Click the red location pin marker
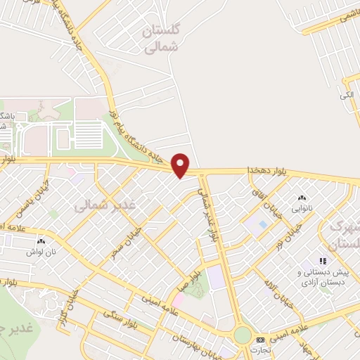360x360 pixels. tap(181, 165)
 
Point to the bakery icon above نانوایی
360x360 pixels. tap(302, 199)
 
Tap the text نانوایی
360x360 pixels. tap(302, 209)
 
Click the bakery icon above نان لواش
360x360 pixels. tap(36, 240)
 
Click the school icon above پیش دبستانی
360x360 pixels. tap(323, 262)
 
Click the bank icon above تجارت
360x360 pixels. tap(262, 340)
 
